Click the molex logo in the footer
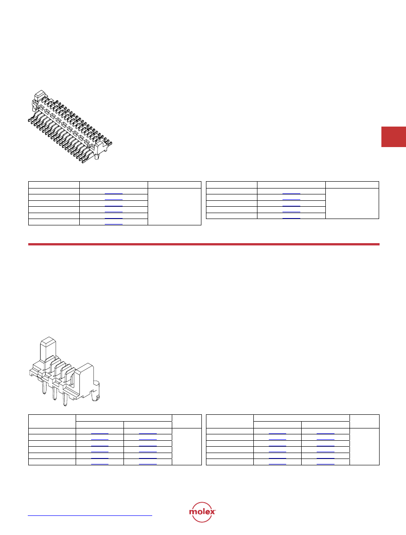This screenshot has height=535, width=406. pos(202,512)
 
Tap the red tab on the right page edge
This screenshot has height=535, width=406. pos(393,137)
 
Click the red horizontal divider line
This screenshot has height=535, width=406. pos(204,245)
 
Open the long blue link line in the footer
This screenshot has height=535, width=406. pos(90,515)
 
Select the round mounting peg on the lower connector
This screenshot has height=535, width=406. pos(97,392)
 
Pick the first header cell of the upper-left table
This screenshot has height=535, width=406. pos(54,185)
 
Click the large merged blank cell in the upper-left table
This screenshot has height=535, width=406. pos(175,207)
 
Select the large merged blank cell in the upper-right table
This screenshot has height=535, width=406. pos(352,204)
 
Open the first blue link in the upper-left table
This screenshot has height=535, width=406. pos(114,194)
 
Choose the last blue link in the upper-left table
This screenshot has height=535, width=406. pos(114,224)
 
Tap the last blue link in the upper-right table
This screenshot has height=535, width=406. pos(291,218)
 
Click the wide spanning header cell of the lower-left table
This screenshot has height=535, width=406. pos(124,418)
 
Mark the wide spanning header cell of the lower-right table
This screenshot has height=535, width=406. pos(302,418)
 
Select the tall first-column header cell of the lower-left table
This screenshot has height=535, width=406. pos(52,421)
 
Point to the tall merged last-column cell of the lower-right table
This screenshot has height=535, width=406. pos(365,447)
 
